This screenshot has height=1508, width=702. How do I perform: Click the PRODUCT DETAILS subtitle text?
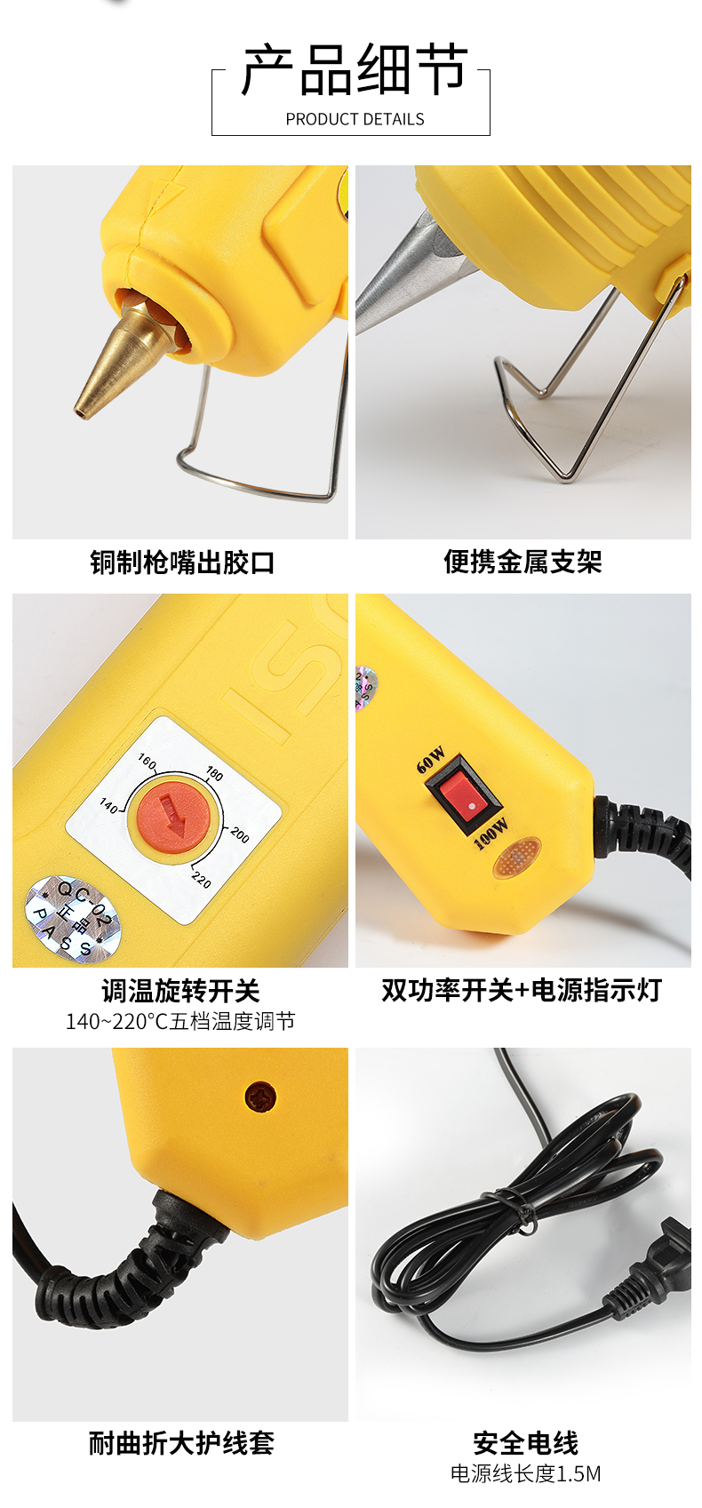[x=355, y=119]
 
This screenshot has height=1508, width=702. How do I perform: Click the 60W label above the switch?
[x=431, y=761]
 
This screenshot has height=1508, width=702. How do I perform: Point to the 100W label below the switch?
[x=491, y=834]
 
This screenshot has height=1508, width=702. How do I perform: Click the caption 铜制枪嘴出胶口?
[x=182, y=563]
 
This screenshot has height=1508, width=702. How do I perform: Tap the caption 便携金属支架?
[x=523, y=562]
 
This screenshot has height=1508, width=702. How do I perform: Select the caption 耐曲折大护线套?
[x=181, y=1443]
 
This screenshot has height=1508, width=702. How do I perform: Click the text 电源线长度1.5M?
[x=525, y=1473]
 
